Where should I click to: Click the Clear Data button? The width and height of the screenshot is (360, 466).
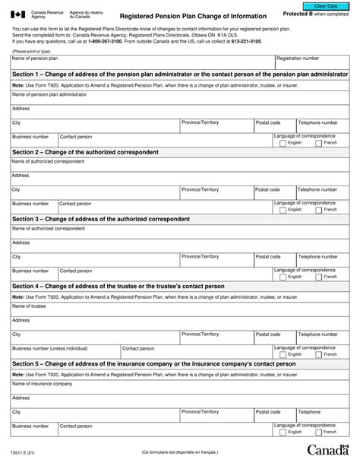(326, 5)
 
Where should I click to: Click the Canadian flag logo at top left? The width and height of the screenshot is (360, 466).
(18, 15)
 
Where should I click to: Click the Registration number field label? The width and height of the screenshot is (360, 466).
(298, 59)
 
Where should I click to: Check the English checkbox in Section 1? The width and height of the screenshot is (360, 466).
(283, 142)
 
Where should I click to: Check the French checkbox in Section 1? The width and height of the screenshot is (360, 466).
(319, 142)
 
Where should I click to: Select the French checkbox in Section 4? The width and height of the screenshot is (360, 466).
(319, 353)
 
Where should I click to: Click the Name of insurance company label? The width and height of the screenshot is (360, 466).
(42, 383)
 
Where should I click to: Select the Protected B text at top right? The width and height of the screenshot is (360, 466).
(309, 15)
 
